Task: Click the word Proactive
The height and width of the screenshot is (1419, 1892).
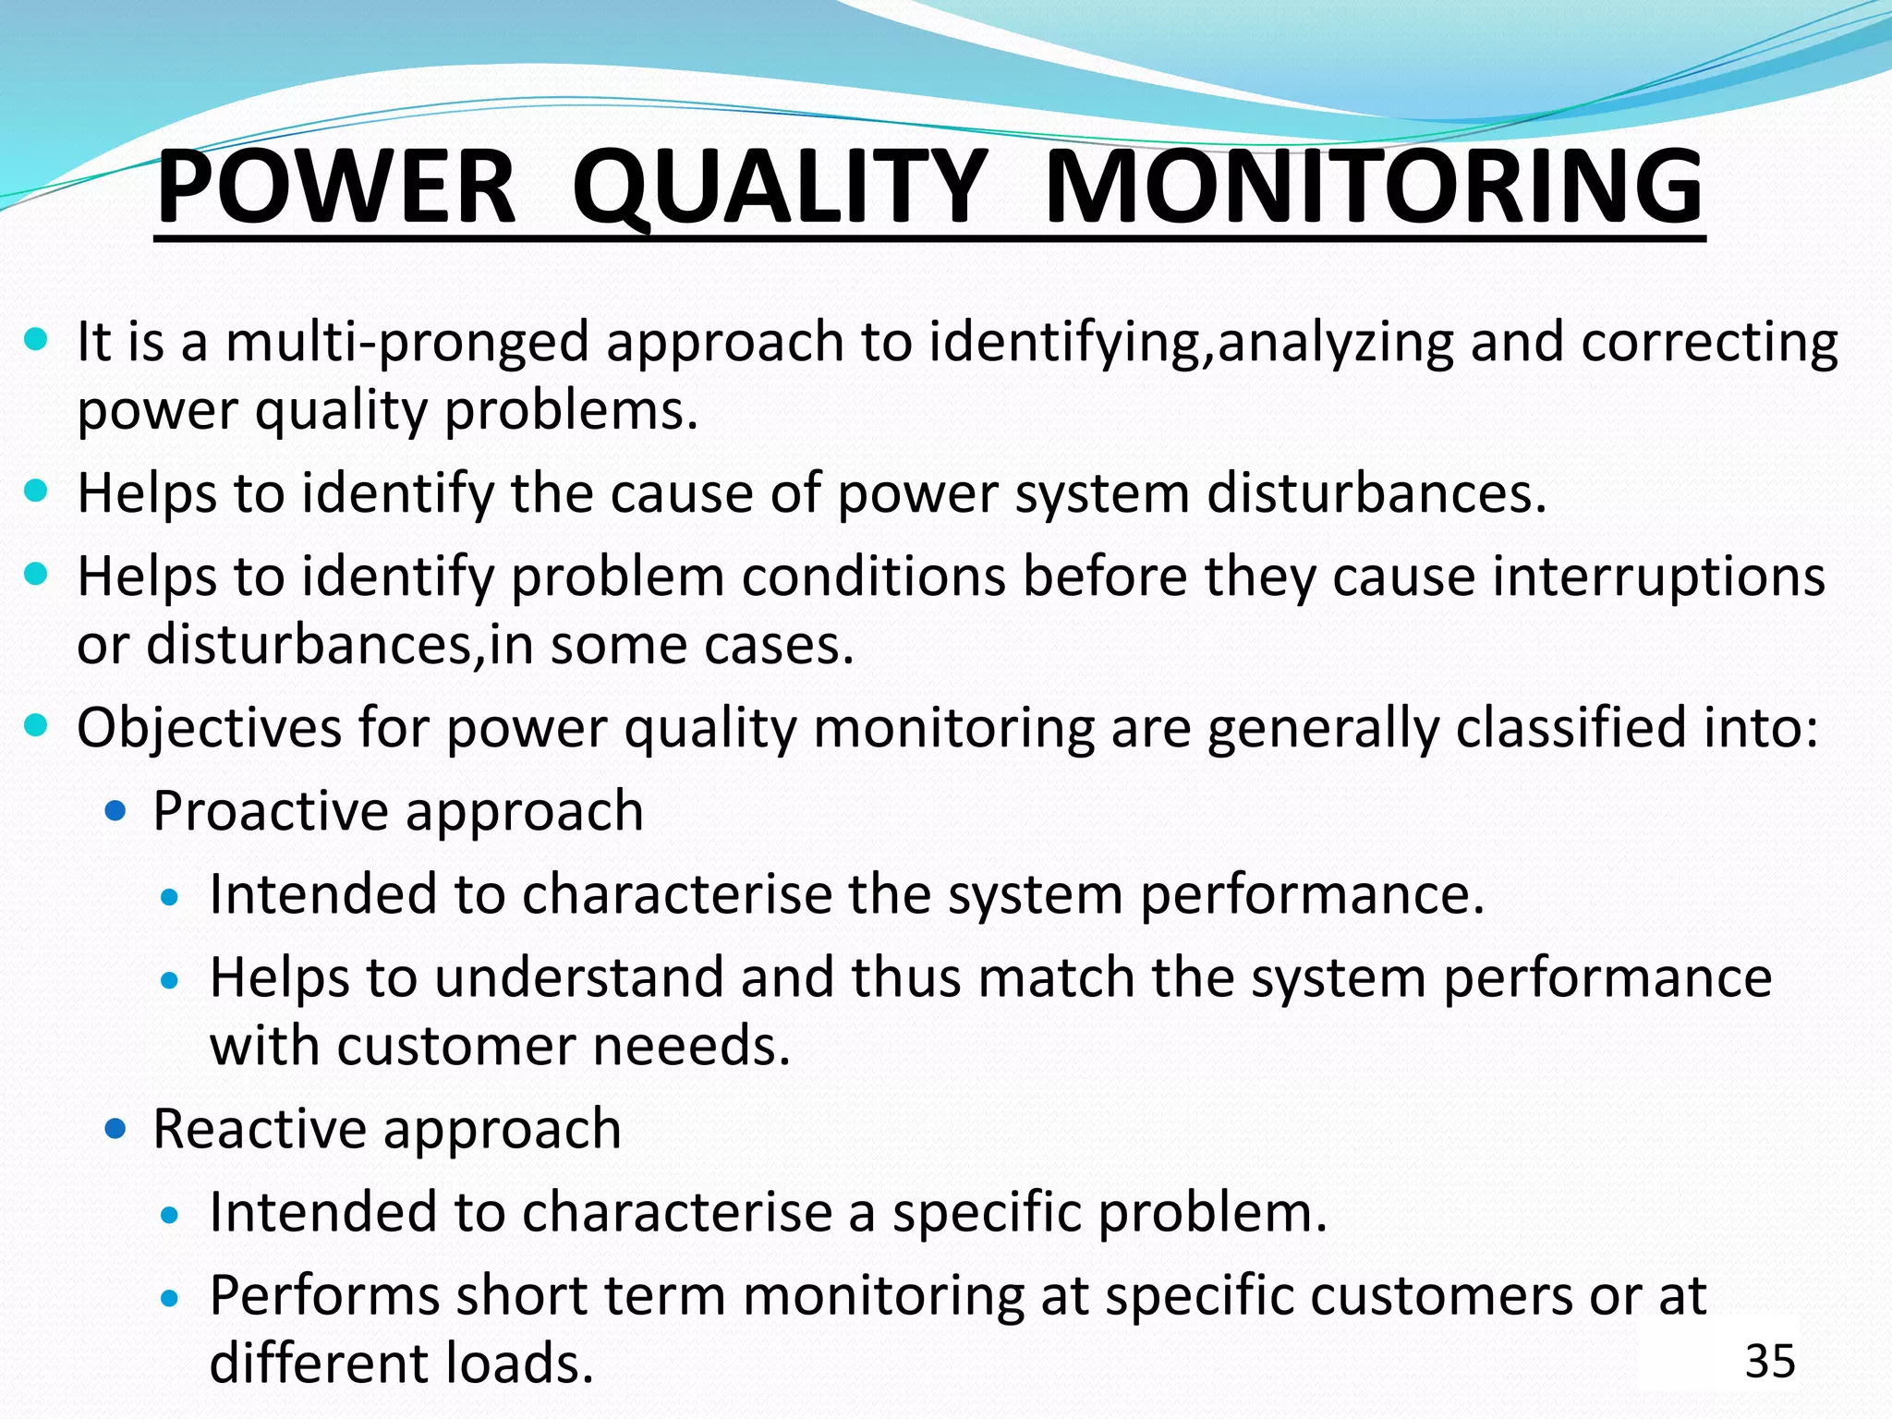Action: tap(271, 812)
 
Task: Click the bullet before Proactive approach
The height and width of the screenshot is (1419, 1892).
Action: tap(115, 812)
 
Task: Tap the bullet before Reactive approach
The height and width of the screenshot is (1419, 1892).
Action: tap(115, 1129)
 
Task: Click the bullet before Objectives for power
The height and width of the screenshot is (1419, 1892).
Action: tap(36, 725)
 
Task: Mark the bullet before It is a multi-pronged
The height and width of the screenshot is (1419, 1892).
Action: tap(36, 340)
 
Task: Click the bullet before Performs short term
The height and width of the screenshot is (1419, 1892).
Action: tap(169, 1298)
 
